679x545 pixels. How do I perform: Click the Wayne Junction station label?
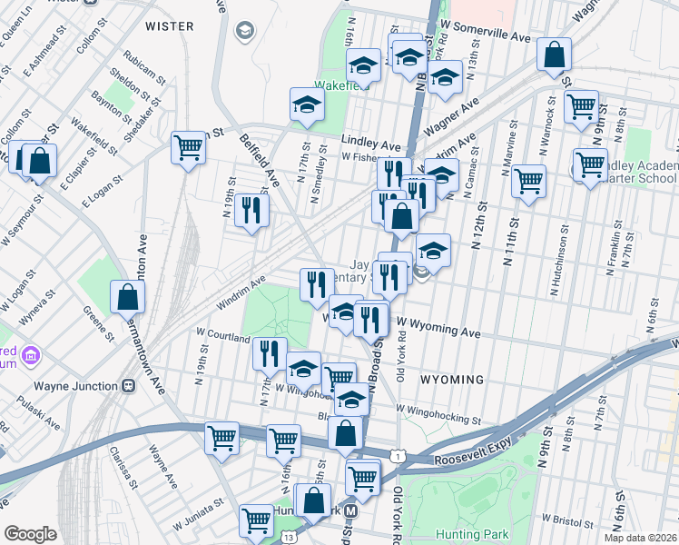click(x=74, y=385)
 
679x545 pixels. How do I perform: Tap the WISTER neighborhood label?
click(x=169, y=26)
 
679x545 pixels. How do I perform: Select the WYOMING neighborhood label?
click(x=451, y=378)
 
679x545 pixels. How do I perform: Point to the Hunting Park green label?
click(x=471, y=534)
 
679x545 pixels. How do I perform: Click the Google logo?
click(x=30, y=534)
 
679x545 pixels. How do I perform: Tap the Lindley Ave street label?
click(x=371, y=144)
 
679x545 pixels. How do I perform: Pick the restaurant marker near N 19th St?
click(x=251, y=211)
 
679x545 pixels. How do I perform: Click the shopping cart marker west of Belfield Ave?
click(x=188, y=147)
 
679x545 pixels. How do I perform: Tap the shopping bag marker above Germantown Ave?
click(x=128, y=297)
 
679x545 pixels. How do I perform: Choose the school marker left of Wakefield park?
click(x=307, y=104)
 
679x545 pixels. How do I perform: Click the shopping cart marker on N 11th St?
click(x=528, y=179)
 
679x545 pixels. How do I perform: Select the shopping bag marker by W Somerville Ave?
click(x=553, y=55)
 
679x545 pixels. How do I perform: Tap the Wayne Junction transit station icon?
click(x=129, y=385)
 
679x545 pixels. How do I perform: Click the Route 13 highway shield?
click(x=289, y=538)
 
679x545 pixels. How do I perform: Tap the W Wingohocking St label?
click(x=438, y=419)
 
